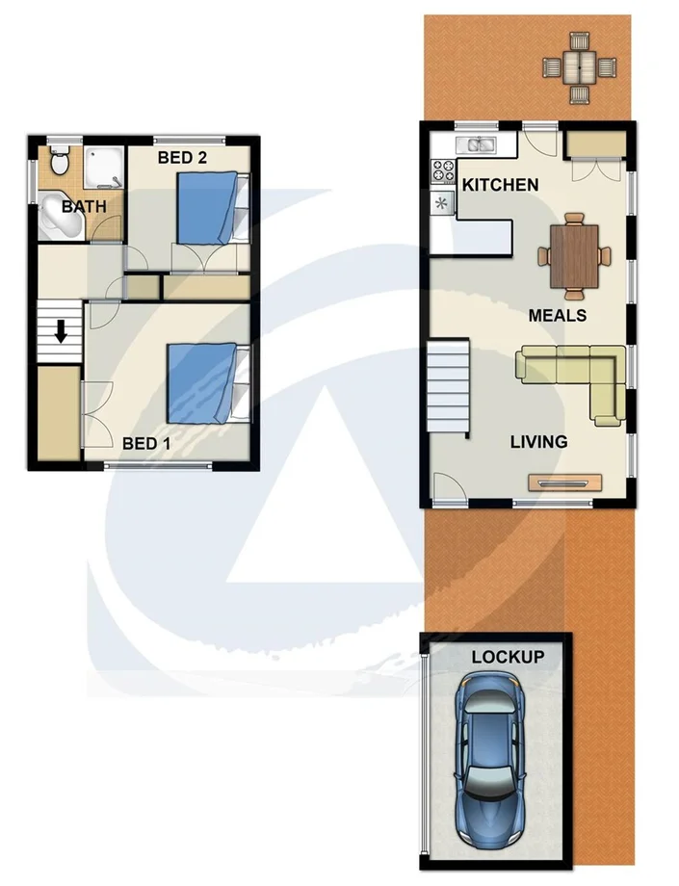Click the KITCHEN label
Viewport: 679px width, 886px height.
point(500,185)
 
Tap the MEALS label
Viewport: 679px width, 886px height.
point(558,315)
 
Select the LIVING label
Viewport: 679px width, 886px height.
point(538,442)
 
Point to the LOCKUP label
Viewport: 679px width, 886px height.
point(508,657)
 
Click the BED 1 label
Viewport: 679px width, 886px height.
point(145,444)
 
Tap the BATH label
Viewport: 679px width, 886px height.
point(85,206)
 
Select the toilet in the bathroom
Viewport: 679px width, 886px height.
point(60,159)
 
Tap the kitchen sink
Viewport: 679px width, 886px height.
point(479,146)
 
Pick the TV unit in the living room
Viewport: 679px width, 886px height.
point(565,482)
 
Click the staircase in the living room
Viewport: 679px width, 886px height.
point(448,387)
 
